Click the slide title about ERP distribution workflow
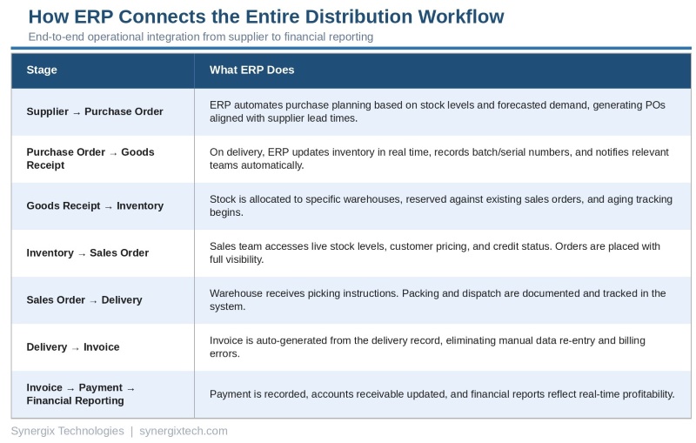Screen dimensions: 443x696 point(265,17)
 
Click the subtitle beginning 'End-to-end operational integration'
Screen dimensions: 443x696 point(201,37)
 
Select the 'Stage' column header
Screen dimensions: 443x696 point(42,70)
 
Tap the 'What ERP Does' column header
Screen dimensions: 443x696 point(251,70)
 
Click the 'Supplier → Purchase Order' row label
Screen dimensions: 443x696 point(95,112)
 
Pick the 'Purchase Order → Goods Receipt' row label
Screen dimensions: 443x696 point(90,158)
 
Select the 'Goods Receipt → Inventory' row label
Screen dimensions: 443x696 point(95,206)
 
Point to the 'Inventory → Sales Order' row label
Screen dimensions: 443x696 point(87,253)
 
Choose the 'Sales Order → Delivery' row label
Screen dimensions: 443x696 point(84,300)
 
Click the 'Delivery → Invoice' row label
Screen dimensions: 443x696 point(73,347)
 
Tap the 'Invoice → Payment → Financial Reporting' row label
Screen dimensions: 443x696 point(81,394)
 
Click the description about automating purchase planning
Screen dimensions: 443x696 point(437,111)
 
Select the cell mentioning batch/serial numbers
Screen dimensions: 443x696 point(438,158)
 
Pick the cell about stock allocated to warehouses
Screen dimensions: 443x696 point(440,205)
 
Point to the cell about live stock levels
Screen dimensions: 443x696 point(435,252)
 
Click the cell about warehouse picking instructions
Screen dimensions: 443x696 point(437,299)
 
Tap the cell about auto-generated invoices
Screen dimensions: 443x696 point(427,346)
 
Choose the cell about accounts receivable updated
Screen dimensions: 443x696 point(441,394)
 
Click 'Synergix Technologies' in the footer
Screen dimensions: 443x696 point(67,431)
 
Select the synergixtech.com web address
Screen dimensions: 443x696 point(184,431)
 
